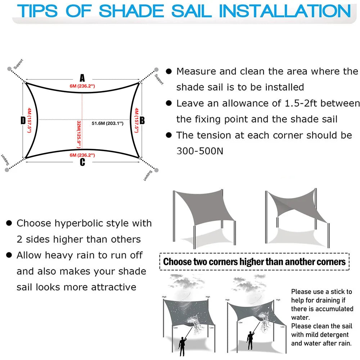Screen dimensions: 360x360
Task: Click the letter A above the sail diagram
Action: coord(82,78)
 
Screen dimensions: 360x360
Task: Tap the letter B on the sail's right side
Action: coord(142,120)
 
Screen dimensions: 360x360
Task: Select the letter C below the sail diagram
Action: coord(82,162)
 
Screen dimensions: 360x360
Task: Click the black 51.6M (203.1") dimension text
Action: coord(107,123)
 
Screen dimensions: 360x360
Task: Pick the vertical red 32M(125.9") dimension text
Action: coord(78,134)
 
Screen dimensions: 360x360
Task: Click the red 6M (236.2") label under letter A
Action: coord(82,86)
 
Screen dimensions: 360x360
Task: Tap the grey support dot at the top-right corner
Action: coord(156,69)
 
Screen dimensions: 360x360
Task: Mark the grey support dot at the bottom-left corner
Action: coord(7,170)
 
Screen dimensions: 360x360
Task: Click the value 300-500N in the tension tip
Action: coord(200,151)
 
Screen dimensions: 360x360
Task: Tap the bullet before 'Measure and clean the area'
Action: coord(168,72)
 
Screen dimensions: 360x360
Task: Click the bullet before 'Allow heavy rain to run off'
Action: coord(9,256)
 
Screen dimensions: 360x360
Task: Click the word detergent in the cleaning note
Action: coord(330,335)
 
